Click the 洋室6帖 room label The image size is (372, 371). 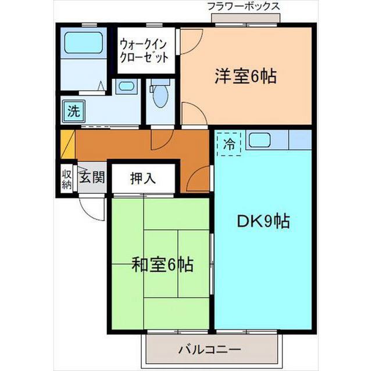point(245,76)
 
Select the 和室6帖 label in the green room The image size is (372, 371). point(162,266)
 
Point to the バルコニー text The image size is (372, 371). point(210,350)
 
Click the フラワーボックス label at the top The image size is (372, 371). point(244,6)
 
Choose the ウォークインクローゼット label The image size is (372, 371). point(145,50)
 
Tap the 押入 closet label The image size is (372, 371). point(142,178)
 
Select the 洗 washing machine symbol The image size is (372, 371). point(73,111)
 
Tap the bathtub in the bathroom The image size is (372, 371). point(83,43)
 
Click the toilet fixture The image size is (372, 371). point(159,93)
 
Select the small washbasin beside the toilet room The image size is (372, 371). point(126,87)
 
